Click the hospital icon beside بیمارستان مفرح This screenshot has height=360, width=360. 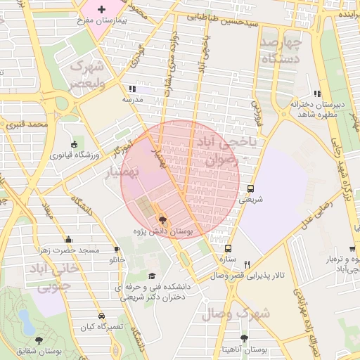click(x=102, y=10)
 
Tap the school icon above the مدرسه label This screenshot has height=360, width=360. click(x=131, y=89)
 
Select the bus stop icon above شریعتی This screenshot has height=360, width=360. click(x=250, y=188)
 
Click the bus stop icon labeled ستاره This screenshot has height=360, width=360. click(x=227, y=248)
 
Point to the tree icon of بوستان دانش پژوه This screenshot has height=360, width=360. click(x=163, y=220)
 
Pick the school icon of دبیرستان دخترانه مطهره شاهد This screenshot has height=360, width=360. click(x=318, y=94)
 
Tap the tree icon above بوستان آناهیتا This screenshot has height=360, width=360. click(x=244, y=339)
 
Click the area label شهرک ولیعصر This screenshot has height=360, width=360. click(x=96, y=75)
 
